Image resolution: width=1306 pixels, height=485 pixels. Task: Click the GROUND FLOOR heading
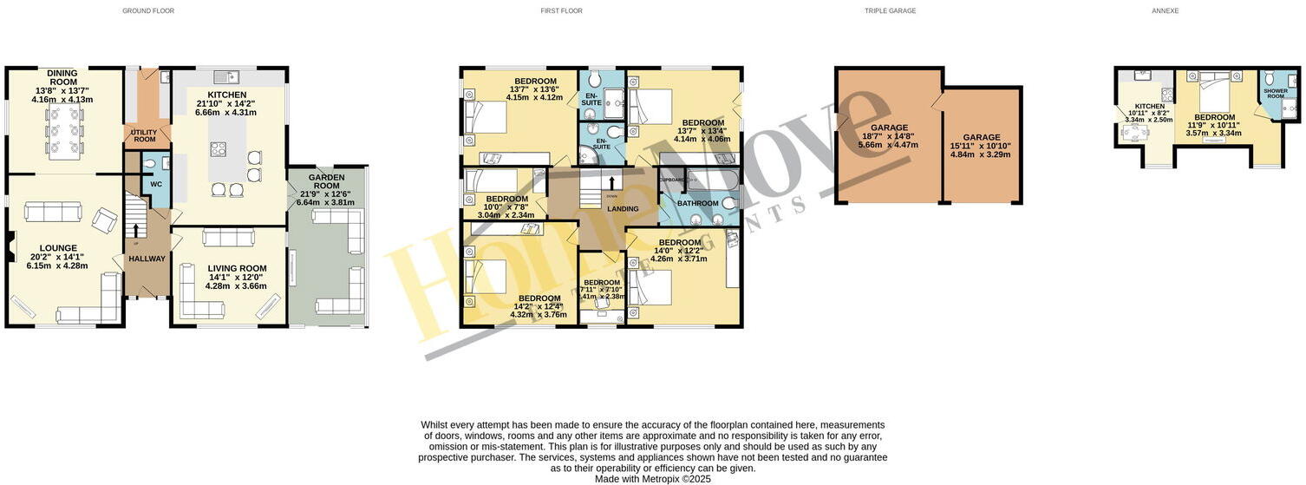pos(148,11)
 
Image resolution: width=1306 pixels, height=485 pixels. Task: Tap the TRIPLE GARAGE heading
pos(890,11)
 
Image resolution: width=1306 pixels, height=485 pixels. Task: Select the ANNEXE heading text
pos(1166,11)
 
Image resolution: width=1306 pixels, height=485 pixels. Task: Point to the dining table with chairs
pos(63,137)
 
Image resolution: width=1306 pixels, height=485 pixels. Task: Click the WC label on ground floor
pos(156,184)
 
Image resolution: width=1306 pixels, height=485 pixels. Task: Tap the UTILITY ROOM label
pos(144,136)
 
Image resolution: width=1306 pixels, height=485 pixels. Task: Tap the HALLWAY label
pos(147,259)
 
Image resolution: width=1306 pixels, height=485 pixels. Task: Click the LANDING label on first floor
pos(623,209)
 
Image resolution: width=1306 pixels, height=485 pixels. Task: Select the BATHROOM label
pos(698,204)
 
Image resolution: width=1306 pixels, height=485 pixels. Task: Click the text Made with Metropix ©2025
pos(652,478)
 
